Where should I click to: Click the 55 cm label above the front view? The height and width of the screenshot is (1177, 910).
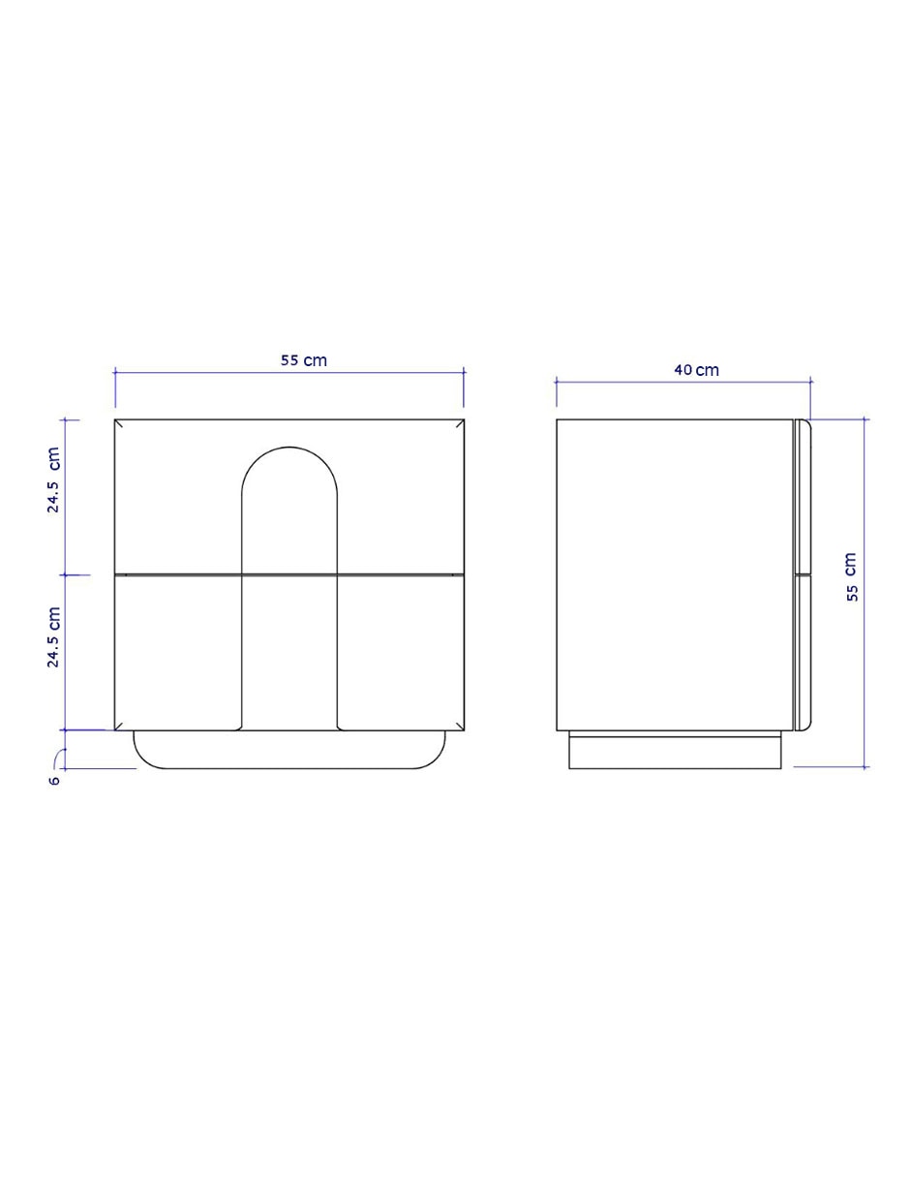point(304,360)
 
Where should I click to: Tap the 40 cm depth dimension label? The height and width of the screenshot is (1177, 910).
point(696,370)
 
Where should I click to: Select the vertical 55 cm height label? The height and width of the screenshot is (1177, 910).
point(852,576)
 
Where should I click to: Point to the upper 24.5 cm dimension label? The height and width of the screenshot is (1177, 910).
point(53,480)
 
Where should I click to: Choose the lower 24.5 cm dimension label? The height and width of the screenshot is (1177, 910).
point(53,636)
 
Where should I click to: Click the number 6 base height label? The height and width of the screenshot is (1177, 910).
point(54,781)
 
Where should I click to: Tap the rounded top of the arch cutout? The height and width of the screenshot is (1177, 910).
point(289,448)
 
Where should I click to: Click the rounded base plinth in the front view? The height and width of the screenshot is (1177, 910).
point(289,767)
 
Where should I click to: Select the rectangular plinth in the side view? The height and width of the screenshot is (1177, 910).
point(675,753)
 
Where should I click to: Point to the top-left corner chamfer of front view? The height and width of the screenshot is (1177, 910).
point(119,423)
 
